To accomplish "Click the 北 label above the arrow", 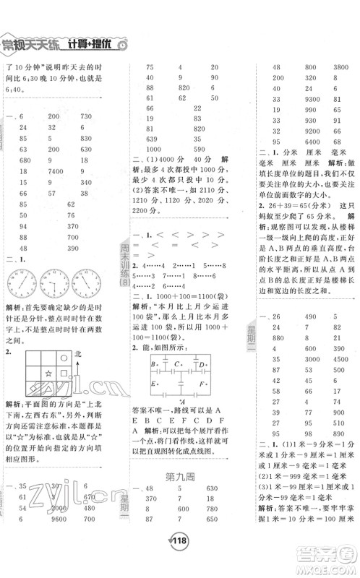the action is pyautogui.click(x=83, y=354).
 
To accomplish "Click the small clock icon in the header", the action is pyautogui.click(x=124, y=46).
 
